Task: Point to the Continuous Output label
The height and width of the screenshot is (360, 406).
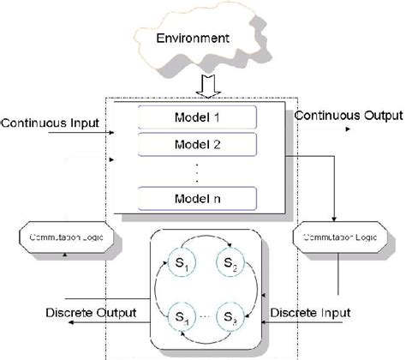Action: tap(342, 113)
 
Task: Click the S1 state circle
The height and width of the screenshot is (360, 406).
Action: tap(176, 262)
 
